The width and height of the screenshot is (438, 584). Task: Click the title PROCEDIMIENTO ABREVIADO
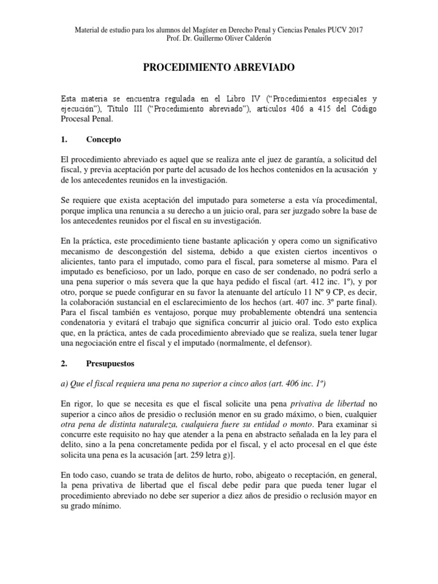point(218,68)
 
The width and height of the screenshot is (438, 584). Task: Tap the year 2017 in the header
point(355,29)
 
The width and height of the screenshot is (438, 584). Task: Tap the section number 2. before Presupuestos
point(64,362)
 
